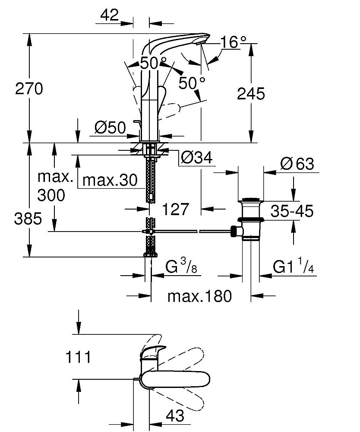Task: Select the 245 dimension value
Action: coord(251,93)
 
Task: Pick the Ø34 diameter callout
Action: coord(197,159)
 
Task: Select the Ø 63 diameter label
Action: coord(297,164)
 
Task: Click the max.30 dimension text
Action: coord(110,180)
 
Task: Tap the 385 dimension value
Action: coord(28,219)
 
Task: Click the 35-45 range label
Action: coord(292,211)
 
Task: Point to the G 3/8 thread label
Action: coord(181,268)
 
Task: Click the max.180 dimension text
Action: coord(199,296)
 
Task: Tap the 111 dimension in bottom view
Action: coord(78,357)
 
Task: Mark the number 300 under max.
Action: coord(51,196)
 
